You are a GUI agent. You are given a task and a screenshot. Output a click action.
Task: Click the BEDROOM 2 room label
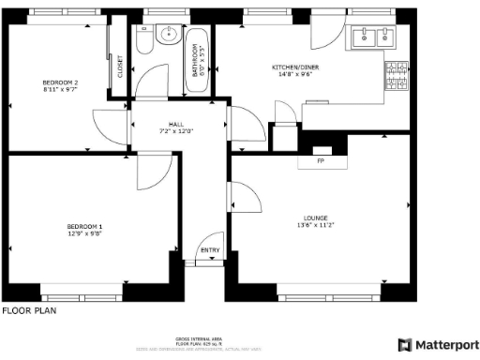tap(60, 83)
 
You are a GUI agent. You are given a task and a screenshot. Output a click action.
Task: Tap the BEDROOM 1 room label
tap(83, 227)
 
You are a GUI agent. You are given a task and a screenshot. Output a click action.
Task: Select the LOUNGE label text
tap(315, 218)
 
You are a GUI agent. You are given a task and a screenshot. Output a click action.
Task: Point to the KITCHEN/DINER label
tap(294, 67)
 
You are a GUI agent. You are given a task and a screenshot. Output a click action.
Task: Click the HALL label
tap(176, 124)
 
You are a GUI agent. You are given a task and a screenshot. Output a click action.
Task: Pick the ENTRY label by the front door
tap(209, 250)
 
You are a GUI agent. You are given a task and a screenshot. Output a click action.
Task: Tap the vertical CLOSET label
tap(120, 67)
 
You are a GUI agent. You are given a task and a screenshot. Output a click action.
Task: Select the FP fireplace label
tap(321, 161)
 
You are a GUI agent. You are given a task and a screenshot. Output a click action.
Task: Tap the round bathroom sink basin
tap(170, 35)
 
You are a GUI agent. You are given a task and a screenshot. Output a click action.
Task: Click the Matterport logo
tap(439, 344)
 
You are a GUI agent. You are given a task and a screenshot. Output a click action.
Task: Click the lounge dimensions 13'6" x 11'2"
tap(315, 226)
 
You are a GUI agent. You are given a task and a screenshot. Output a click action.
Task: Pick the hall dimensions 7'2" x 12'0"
tap(176, 131)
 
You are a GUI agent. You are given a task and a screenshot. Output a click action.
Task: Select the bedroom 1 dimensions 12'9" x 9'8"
tap(83, 234)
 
